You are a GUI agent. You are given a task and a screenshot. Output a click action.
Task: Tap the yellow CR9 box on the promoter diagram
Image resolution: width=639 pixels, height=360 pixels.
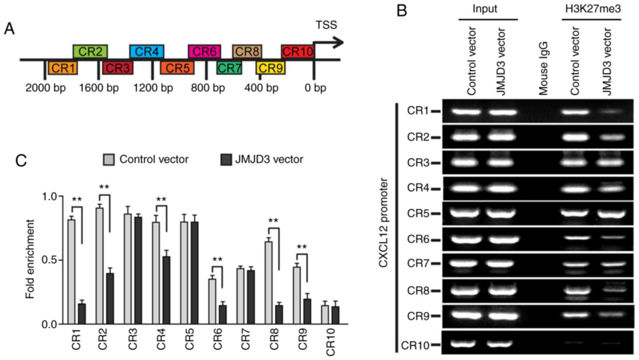(271, 68)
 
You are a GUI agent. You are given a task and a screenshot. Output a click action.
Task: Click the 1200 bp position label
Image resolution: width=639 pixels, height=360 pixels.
(153, 88)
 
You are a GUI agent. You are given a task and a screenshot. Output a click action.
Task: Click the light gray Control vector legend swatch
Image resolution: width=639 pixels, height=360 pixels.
(109, 159)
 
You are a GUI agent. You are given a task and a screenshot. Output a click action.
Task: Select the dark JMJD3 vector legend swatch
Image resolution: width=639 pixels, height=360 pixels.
(226, 159)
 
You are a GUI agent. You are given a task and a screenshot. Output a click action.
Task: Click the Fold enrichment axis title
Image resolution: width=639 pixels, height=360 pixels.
(30, 259)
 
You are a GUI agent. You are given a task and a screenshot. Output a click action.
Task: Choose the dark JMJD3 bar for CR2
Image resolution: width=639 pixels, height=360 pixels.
(110, 298)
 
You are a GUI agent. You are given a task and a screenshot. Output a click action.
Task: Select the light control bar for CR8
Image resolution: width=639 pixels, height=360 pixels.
(268, 282)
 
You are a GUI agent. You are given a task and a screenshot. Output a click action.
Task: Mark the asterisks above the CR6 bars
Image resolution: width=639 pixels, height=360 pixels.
(217, 260)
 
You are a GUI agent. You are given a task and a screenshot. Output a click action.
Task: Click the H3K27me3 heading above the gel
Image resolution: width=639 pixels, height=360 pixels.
(593, 9)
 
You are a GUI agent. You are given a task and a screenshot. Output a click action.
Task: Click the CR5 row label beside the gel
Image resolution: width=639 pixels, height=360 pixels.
(418, 213)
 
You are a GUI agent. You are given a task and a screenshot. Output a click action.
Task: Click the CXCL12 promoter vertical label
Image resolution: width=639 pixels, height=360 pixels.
(383, 223)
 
